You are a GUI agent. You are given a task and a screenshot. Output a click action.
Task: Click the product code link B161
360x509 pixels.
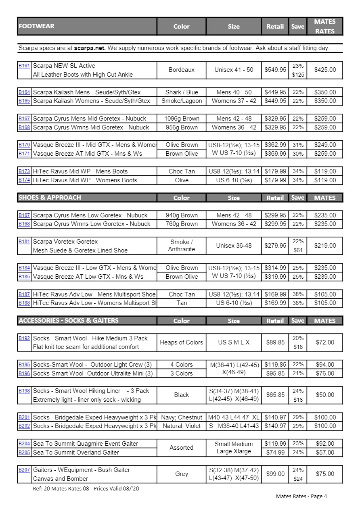tap(24, 65)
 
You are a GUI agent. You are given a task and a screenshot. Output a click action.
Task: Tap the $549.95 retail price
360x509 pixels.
tap(275, 70)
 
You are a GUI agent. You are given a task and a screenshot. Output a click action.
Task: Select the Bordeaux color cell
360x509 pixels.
tap(181, 70)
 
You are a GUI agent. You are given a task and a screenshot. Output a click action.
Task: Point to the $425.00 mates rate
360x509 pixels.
tap(325, 70)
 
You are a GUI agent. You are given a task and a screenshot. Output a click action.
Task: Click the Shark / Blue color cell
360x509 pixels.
tap(181, 92)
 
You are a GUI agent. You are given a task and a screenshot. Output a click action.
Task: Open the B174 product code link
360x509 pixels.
tap(24, 180)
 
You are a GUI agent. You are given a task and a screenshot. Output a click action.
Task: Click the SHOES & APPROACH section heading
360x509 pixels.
tap(50, 197)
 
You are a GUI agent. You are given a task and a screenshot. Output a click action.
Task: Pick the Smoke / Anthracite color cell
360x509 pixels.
tap(181, 246)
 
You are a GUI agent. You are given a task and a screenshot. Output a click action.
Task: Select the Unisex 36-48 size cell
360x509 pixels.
tap(234, 246)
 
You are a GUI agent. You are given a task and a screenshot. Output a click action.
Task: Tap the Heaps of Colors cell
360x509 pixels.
tap(181, 342)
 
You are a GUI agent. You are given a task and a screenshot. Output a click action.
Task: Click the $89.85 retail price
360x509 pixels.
tap(275, 342)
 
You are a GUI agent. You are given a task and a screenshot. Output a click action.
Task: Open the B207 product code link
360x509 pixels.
tap(24, 470)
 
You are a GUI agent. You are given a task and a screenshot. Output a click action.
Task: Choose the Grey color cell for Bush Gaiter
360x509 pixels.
tap(181, 474)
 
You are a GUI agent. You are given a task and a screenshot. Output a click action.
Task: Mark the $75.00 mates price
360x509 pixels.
tap(325, 474)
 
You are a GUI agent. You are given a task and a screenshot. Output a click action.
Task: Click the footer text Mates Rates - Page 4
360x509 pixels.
tap(301, 496)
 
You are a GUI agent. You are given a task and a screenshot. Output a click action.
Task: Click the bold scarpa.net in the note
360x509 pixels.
tap(90, 48)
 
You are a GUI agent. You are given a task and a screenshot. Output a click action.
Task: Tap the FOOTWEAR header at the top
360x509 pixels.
tap(36, 26)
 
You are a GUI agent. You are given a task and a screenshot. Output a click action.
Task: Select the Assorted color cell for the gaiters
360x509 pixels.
tap(181, 448)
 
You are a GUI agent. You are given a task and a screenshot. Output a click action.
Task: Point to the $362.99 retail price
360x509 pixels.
tap(275, 145)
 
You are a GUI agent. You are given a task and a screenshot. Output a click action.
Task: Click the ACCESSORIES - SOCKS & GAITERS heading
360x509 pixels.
tap(69, 320)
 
